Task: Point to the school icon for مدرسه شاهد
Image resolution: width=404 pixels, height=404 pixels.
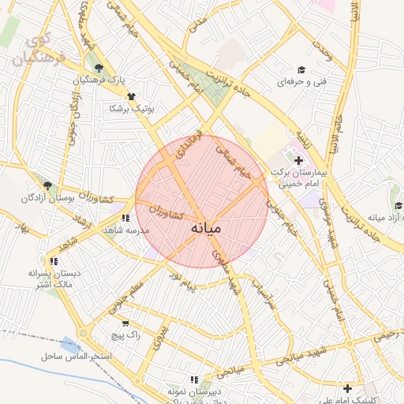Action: (125, 218)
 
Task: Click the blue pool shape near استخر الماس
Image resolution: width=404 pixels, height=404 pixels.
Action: (71, 344)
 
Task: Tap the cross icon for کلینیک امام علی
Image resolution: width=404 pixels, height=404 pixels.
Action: (347, 387)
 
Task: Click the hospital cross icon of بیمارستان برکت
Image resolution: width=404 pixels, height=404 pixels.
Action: (298, 160)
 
